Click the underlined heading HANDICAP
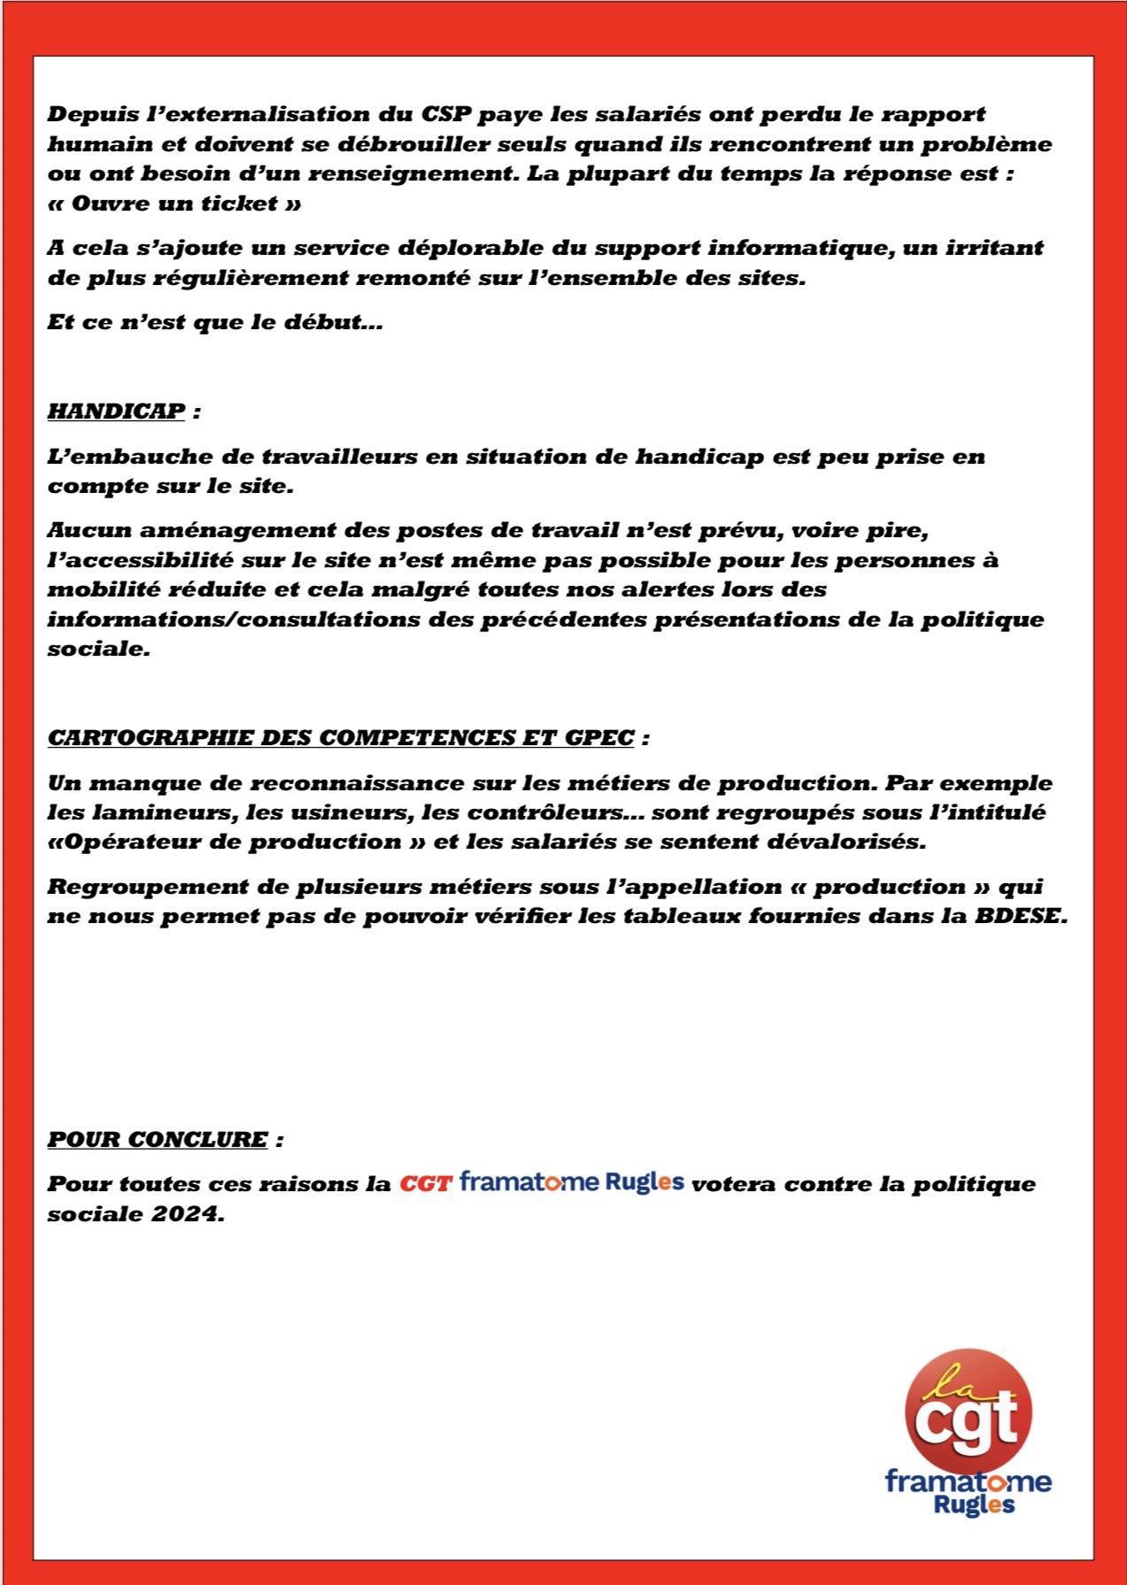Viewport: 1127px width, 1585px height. tap(116, 412)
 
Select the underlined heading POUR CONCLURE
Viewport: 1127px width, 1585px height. tap(157, 1138)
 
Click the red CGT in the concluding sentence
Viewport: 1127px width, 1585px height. tap(426, 1183)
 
